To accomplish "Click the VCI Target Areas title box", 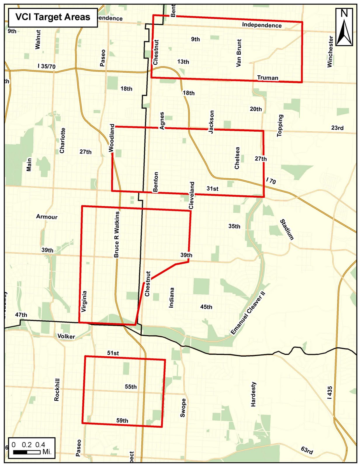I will [x=53, y=17].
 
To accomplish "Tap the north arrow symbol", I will [x=344, y=27].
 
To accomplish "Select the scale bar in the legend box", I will [x=27, y=452].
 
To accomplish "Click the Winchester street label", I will [x=330, y=52].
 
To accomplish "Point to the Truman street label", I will [x=268, y=78].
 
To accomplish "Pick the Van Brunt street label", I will [x=239, y=53].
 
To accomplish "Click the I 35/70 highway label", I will [x=46, y=66].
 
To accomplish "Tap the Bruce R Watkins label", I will [x=117, y=234].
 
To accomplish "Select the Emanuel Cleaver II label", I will [x=248, y=313].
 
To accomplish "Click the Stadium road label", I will [x=287, y=229].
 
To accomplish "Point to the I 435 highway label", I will [x=329, y=393].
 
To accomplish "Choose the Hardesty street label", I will [x=253, y=394].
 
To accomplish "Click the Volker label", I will [x=66, y=336].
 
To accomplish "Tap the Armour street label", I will [x=47, y=217].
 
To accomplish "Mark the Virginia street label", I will [x=84, y=301].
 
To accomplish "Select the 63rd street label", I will [x=307, y=450].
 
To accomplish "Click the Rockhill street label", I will [x=57, y=390].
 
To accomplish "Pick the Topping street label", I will [x=280, y=125].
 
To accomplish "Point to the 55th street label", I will [x=131, y=386].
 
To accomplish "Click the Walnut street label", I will [x=38, y=39].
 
